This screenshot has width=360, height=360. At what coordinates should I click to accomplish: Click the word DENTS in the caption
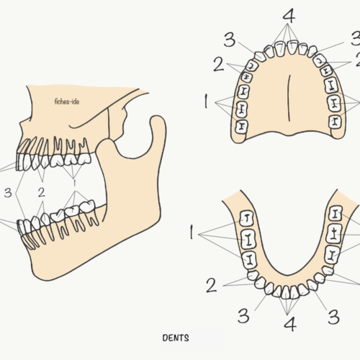176,338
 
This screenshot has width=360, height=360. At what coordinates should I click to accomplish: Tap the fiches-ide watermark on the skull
67,102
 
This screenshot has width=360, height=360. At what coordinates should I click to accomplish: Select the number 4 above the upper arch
289,16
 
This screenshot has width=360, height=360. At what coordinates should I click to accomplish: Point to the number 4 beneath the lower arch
290,324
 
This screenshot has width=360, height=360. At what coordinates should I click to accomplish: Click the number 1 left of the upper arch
206,101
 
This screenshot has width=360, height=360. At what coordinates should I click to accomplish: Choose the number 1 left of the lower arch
192,232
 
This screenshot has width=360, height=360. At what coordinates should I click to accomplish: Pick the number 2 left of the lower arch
212,285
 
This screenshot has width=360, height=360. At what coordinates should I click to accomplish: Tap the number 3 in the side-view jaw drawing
8,192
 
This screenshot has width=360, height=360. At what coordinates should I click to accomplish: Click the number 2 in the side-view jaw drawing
42,192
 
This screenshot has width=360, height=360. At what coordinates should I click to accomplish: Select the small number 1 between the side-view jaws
74,183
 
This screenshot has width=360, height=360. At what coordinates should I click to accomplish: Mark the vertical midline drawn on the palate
289,98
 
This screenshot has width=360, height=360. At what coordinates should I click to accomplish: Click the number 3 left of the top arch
230,40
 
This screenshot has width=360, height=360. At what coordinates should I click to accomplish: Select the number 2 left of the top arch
219,64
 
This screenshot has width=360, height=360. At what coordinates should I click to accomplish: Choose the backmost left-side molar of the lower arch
247,218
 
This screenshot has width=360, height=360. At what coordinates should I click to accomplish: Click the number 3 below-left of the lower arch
243,315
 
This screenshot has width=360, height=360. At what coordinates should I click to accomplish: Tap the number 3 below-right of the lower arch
334,317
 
